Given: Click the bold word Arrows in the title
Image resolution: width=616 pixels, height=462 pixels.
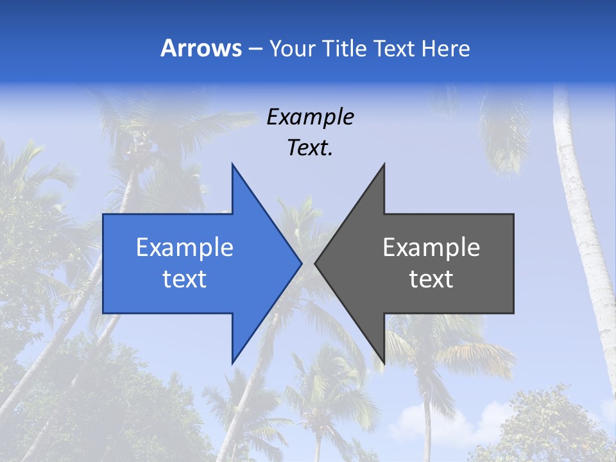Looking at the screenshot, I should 201,48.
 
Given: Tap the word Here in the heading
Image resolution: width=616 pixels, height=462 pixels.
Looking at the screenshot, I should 445,48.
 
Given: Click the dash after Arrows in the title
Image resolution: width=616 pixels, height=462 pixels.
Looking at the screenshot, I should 255,49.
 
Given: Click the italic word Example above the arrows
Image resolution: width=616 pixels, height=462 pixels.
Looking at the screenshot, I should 310,117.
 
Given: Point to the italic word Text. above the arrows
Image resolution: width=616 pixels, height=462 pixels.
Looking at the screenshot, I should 310,148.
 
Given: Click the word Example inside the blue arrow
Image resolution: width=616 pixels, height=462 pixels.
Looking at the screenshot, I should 185,248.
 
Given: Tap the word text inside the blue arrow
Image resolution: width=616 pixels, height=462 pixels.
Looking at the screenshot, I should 185,279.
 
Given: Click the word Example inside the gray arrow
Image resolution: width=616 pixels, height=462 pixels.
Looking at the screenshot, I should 431,248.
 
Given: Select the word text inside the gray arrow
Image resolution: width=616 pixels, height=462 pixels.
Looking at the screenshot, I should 431,279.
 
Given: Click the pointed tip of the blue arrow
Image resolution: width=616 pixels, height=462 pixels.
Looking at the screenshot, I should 300,263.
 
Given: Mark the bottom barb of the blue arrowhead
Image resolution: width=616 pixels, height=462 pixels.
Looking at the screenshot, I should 234,359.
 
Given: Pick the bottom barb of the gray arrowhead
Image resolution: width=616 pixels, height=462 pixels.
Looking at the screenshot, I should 382,359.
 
